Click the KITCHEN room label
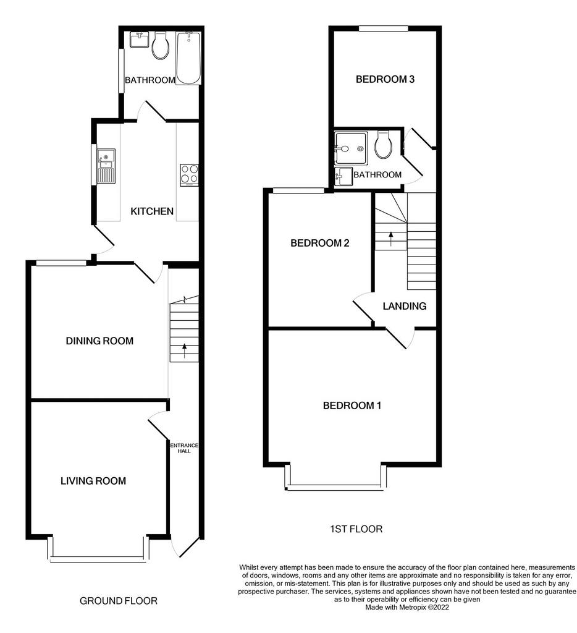152,211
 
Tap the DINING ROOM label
99,341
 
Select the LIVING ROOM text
93,481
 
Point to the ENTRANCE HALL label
184,448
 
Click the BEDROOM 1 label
352,406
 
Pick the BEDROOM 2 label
319,243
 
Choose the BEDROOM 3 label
385,79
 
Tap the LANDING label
404,306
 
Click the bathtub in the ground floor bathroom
188,58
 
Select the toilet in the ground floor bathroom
160,45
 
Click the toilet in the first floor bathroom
383,144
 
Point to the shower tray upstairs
351,148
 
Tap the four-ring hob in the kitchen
189,175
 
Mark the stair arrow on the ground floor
185,351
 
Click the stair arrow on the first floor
390,239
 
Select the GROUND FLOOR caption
118,601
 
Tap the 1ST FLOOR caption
356,529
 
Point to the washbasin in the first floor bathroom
343,176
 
